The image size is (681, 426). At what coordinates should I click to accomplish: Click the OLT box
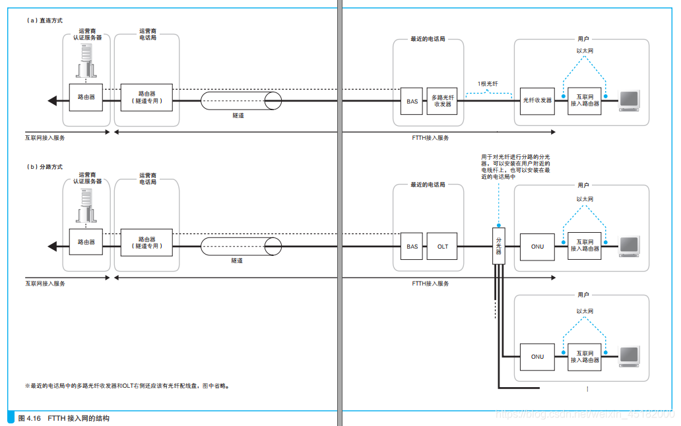(443, 247)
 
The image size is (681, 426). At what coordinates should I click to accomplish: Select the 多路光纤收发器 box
(443, 100)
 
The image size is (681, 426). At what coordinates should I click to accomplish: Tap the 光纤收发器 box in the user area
(537, 100)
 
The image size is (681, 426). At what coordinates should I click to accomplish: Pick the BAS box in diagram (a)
(412, 101)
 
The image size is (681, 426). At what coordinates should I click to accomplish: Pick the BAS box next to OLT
(412, 247)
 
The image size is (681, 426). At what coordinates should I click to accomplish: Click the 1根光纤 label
(488, 84)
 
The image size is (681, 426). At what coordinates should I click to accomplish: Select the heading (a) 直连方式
(44, 21)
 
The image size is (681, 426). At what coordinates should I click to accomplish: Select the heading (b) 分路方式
(44, 167)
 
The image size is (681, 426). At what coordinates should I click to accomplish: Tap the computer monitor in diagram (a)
(629, 99)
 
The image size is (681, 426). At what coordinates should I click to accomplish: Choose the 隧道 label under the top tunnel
(238, 115)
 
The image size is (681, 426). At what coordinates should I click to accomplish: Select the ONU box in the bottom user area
(537, 357)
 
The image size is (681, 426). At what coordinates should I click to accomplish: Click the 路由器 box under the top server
(86, 97)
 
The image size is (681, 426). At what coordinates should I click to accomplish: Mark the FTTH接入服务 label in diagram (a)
(430, 138)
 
